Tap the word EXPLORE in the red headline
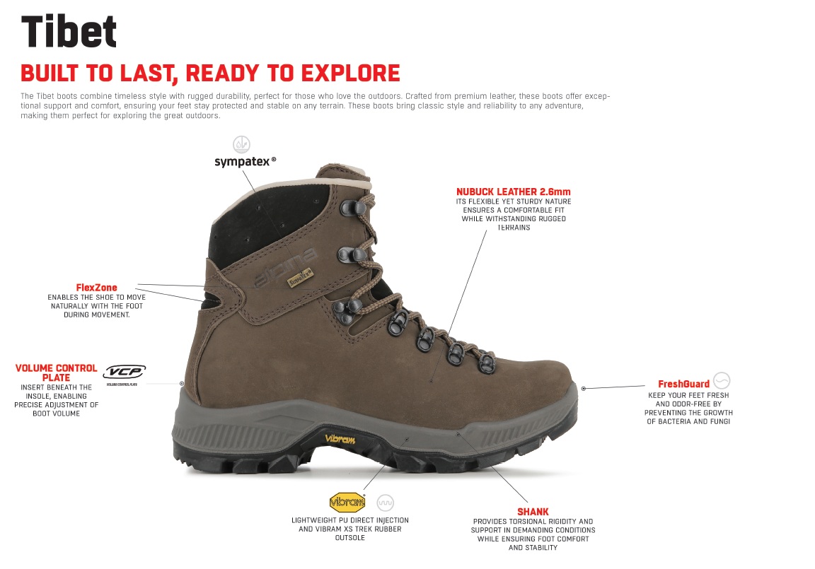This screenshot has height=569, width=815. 351,74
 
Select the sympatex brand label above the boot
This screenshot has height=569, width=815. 245,161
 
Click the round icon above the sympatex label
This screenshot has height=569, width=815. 241,144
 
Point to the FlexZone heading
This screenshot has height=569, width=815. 97,288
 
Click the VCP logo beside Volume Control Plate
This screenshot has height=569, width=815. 125,373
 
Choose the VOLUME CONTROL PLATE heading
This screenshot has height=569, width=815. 56,373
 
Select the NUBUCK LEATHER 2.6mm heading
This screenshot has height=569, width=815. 514,192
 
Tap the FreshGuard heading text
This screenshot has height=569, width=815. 683,385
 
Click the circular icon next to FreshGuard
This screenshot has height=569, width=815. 722,380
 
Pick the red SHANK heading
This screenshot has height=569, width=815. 533,512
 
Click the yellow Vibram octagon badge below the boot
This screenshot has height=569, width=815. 347,502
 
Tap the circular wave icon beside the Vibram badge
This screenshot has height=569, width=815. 385,503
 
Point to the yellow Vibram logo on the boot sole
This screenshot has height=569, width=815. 340,439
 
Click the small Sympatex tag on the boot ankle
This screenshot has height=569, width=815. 301,277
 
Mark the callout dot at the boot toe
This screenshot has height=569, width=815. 584,388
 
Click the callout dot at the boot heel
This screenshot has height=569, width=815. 182,384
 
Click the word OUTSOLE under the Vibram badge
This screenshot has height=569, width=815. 349,538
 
